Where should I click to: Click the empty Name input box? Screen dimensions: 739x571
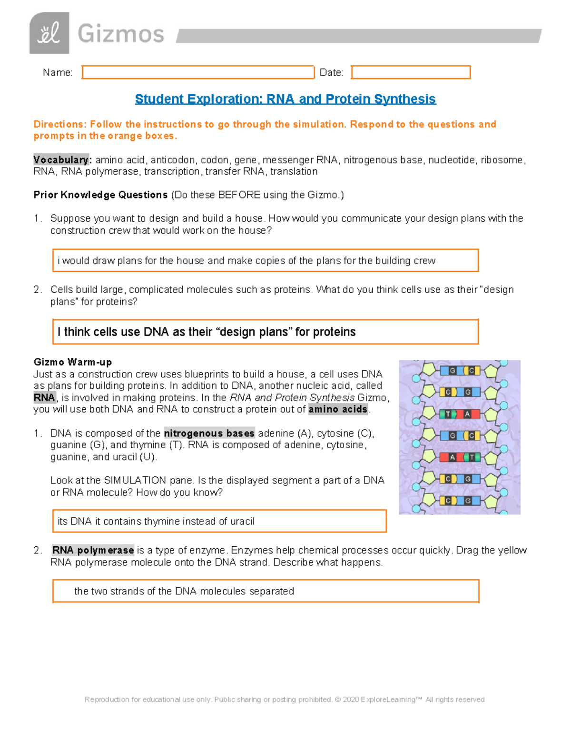pos(198,72)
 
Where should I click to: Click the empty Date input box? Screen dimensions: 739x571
pos(411,72)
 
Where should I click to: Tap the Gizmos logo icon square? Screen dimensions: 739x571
pos(49,33)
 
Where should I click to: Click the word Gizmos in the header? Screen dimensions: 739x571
pos(121,34)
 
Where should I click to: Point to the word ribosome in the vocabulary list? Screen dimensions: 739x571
pos(502,160)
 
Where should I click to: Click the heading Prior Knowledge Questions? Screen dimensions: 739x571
pos(100,195)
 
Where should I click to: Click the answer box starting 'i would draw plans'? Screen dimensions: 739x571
pos(265,261)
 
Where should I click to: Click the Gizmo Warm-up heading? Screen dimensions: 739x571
pos(73,362)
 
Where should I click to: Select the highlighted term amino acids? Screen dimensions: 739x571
pos(338,409)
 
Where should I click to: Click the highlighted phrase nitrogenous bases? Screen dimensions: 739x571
pos(209,433)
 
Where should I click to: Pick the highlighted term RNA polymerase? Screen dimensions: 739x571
pos(93,550)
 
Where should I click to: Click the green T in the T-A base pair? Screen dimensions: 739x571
pos(447,414)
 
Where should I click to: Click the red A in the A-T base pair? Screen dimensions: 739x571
pos(453,457)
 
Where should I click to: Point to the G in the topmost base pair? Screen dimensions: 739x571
pos(453,370)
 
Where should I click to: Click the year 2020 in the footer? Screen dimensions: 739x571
pos(351,700)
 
